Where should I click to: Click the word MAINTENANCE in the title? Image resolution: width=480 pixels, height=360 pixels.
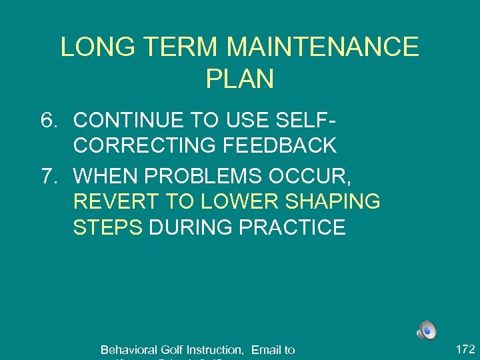coord(323,47)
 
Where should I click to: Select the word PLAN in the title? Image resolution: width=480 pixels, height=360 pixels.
coord(240,79)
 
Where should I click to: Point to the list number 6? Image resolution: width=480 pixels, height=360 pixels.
coord(49,121)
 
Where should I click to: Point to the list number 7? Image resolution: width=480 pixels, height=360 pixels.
coord(49,177)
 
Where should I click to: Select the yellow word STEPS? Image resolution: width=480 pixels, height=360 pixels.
coord(108,227)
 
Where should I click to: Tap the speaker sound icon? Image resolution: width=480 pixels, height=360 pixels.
coord(427,329)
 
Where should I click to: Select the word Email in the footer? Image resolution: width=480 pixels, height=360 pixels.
coord(265,350)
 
